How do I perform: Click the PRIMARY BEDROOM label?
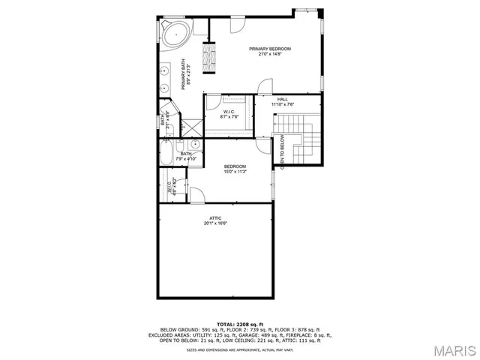click(x=269, y=49)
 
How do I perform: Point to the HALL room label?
click(x=282, y=99)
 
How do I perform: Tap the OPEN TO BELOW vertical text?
click(x=282, y=153)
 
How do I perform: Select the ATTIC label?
click(x=215, y=217)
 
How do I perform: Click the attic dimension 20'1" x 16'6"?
click(x=215, y=223)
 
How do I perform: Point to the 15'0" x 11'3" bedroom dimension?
click(x=235, y=172)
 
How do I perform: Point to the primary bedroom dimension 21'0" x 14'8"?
click(x=269, y=54)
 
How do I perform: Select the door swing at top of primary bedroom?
click(x=235, y=23)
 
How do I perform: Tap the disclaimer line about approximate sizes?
click(x=239, y=349)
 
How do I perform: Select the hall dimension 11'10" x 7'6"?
click(x=282, y=104)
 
